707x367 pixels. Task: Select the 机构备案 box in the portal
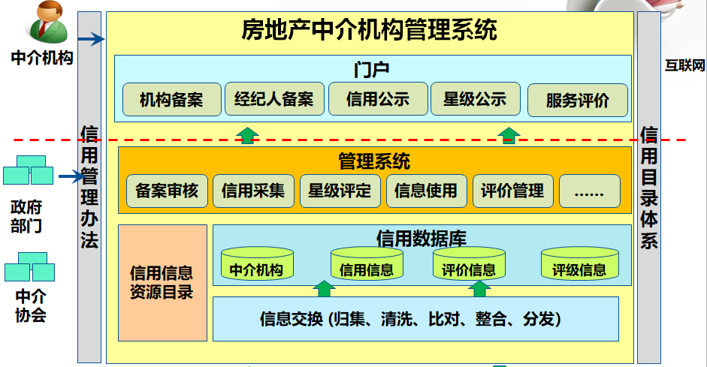click(x=171, y=99)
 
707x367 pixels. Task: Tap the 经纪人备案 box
click(x=273, y=99)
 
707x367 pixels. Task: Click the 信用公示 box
click(x=377, y=99)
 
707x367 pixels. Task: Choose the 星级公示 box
click(x=475, y=99)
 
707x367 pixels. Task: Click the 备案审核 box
click(x=167, y=191)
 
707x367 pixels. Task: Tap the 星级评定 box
click(x=340, y=191)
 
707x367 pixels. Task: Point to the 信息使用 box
click(x=426, y=191)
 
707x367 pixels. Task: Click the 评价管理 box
click(x=512, y=191)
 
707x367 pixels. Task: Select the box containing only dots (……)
click(x=589, y=191)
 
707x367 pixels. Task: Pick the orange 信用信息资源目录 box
click(x=162, y=282)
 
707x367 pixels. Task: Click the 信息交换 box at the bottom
click(x=415, y=319)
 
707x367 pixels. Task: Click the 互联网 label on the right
click(x=685, y=66)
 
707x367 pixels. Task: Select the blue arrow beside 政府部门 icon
click(x=71, y=177)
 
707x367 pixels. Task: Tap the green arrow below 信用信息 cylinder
click(x=324, y=288)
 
